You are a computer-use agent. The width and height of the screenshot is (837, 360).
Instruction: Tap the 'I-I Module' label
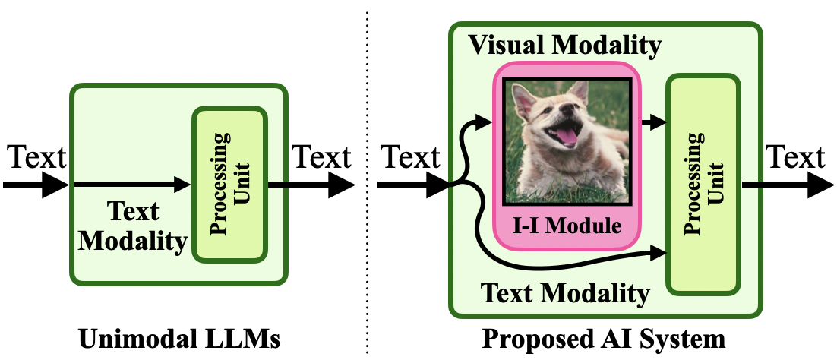pyautogui.click(x=568, y=226)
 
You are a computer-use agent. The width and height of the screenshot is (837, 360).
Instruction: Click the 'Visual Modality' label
pyautogui.click(x=564, y=46)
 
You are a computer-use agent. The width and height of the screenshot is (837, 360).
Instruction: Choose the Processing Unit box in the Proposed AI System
pyautogui.click(x=703, y=184)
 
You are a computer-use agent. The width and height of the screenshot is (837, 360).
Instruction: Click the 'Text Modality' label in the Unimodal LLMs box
pyautogui.click(x=133, y=226)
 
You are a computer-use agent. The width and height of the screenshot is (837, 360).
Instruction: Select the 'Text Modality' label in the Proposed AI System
pyautogui.click(x=567, y=293)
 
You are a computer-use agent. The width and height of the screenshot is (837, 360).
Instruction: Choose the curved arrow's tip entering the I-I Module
pyautogui.click(x=484, y=119)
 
